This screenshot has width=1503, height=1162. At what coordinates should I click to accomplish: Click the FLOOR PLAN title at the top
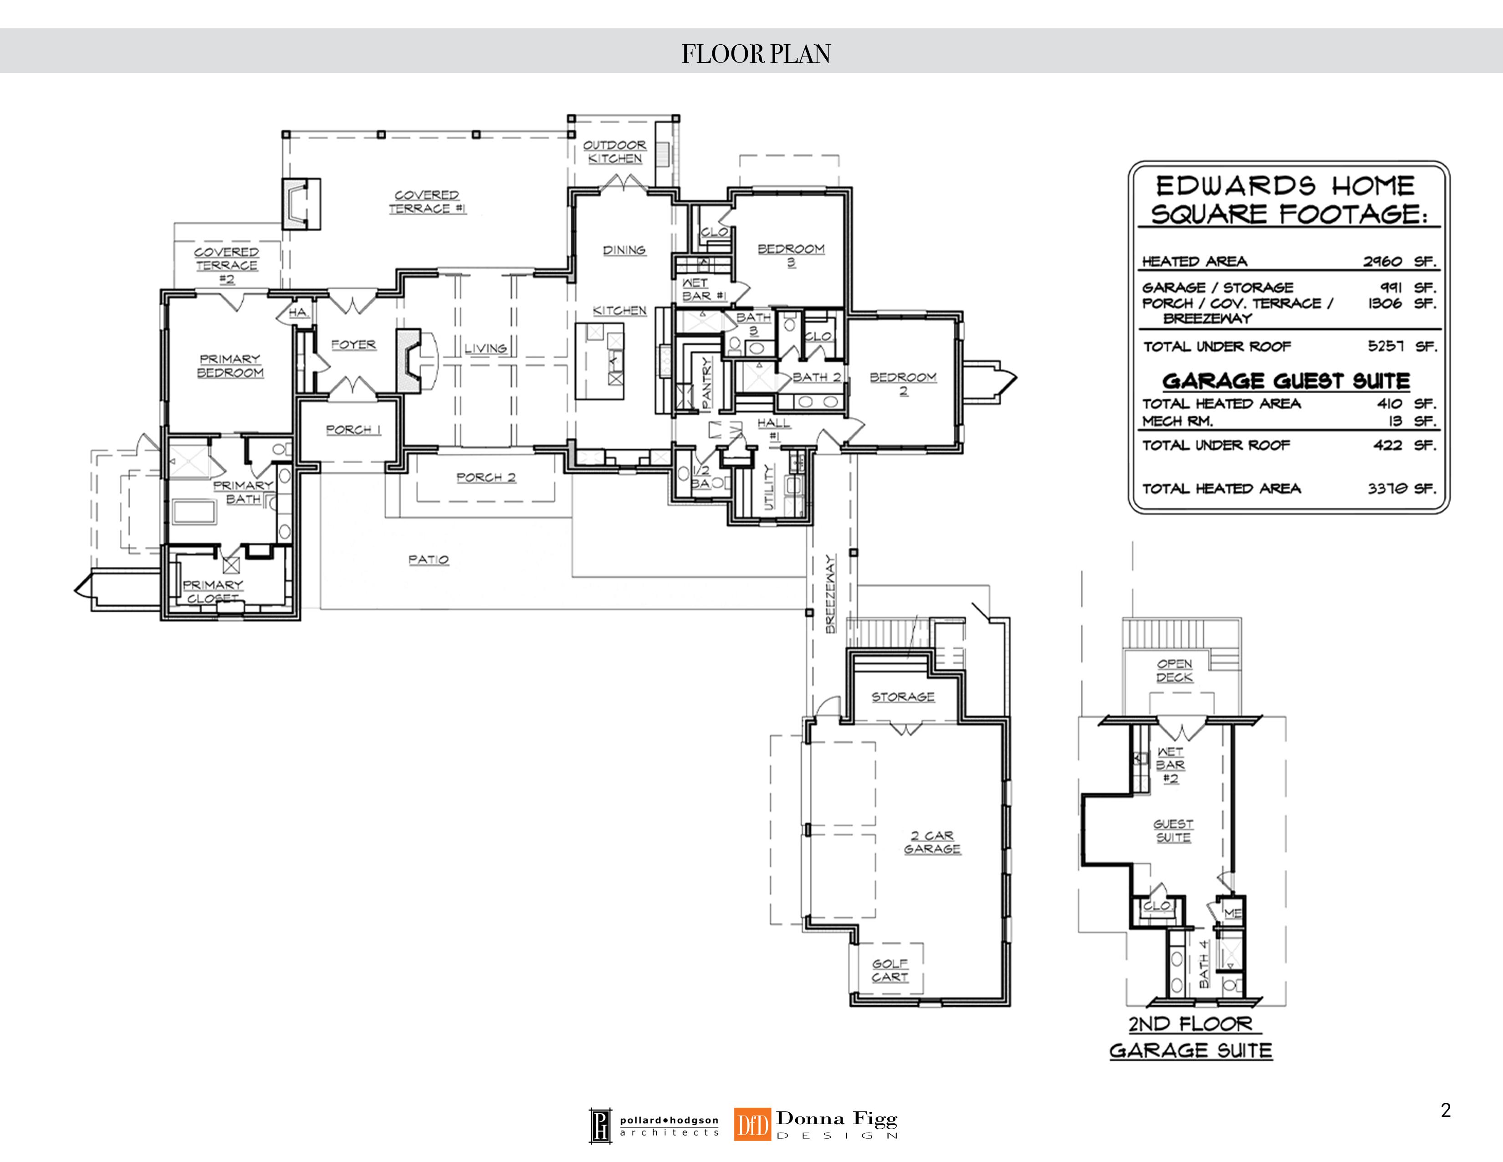pos(756,54)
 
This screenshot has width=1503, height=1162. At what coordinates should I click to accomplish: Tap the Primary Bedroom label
pos(230,365)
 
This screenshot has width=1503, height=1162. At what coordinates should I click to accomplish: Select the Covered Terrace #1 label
pos(427,202)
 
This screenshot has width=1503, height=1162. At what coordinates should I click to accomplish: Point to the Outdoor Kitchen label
pos(614,151)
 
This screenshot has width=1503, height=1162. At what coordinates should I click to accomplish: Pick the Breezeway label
pos(831,594)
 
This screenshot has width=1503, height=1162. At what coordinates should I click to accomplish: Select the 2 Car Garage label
pos(932,842)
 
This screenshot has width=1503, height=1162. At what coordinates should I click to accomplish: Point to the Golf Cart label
pos(890,970)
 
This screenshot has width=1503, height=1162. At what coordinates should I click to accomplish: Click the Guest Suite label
pos(1173,830)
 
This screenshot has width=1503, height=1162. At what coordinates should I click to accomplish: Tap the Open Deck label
pos(1175,670)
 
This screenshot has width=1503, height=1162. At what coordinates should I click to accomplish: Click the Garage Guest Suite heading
pos(1286,380)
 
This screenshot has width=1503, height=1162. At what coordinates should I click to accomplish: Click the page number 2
pos(1446,1110)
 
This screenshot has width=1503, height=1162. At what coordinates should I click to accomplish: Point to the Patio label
pos(429,560)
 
